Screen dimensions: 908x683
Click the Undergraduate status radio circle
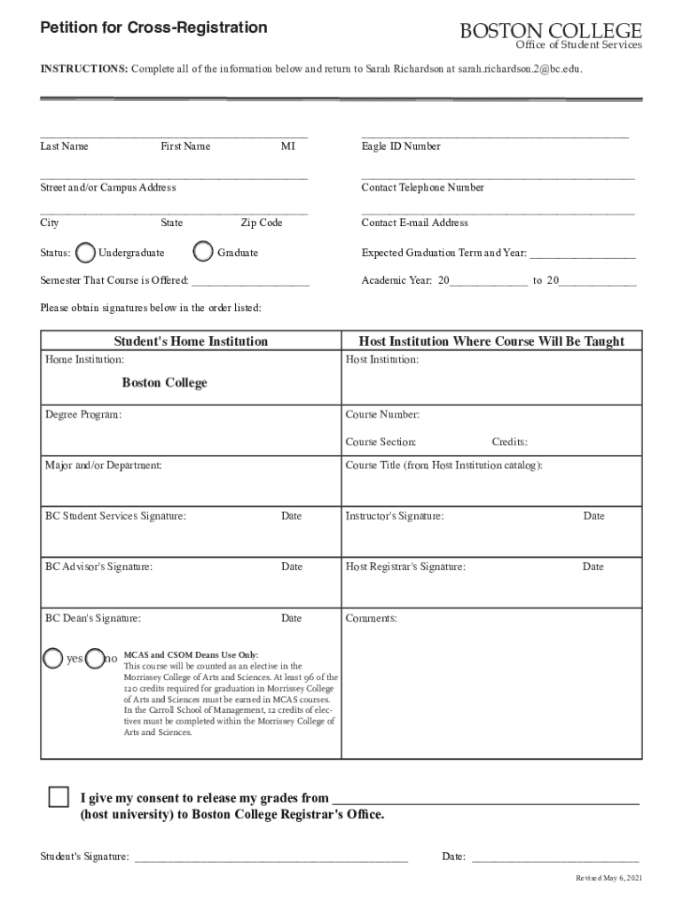coord(86,253)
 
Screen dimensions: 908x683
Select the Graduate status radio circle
coord(203,252)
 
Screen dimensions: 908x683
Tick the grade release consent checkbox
coord(59,796)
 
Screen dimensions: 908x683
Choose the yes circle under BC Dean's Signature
coord(53,658)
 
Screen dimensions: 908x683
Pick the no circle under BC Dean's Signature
coord(95,658)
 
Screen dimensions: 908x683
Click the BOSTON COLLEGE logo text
coord(550,31)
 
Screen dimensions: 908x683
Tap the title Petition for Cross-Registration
coord(153,28)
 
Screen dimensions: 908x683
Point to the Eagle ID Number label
coord(401,146)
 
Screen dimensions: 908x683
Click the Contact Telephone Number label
coord(422,187)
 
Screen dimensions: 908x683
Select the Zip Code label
coord(262,223)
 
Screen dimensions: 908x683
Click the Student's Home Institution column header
coord(191,341)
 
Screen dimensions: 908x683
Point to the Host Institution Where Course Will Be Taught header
coord(491,341)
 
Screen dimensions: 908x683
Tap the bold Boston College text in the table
coord(165,383)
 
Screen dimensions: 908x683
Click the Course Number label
coord(382,414)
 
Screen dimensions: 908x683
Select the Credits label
coord(510,442)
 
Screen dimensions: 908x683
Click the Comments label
coord(371,618)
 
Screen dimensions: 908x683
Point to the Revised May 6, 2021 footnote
coord(608,877)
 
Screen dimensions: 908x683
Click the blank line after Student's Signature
coord(271,858)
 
